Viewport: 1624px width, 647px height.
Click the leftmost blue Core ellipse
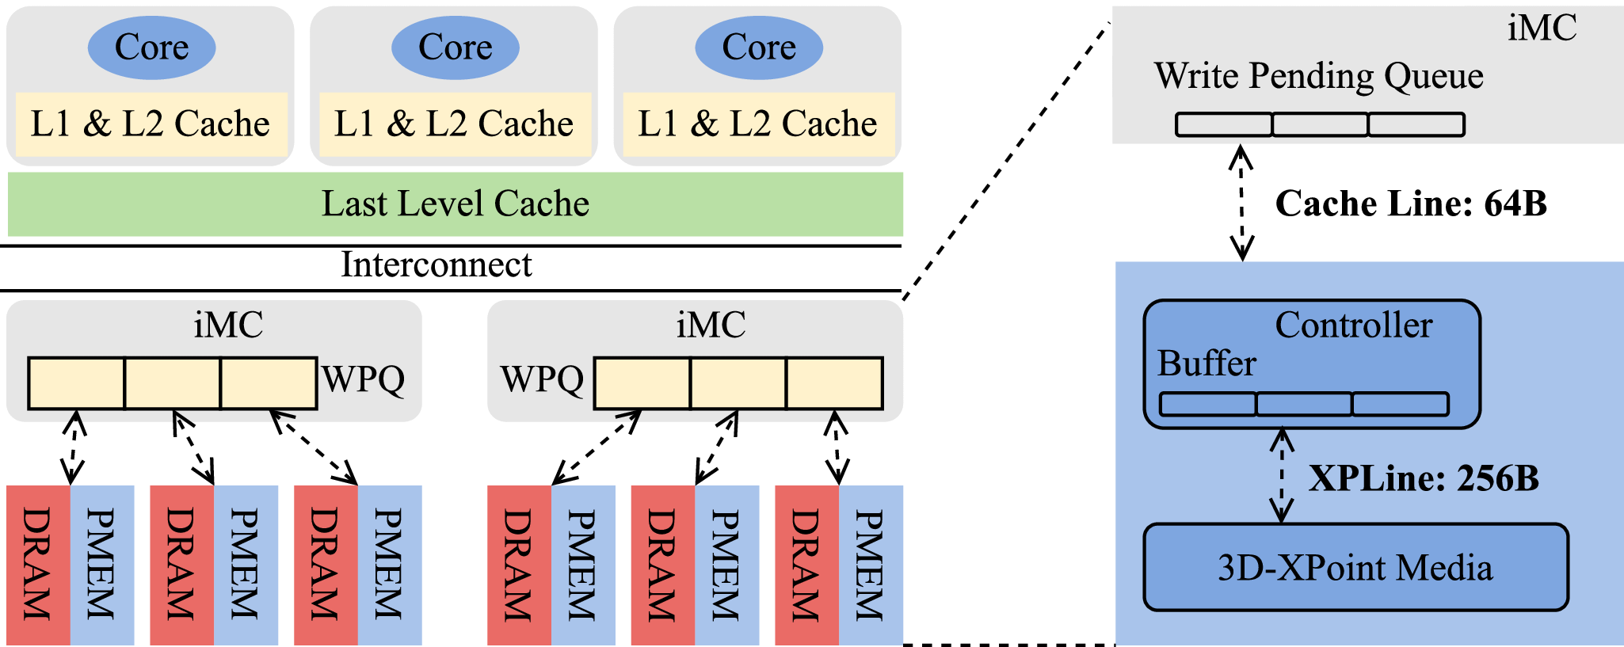(151, 48)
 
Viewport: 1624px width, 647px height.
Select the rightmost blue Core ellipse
(759, 48)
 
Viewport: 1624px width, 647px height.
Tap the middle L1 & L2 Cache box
(454, 124)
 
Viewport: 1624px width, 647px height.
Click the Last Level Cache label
(455, 204)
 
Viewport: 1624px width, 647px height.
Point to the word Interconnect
(436, 265)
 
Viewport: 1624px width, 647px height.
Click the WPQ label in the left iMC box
(363, 379)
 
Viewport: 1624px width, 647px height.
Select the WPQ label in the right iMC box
(542, 379)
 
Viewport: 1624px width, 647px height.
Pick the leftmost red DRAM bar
(38, 564)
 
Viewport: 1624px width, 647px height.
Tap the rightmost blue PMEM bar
(870, 564)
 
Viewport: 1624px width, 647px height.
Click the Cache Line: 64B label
(1410, 204)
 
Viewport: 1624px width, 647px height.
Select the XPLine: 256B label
(1423, 478)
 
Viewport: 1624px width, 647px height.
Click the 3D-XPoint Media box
(1355, 567)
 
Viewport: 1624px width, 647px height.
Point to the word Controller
(1353, 325)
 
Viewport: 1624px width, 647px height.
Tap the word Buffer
(1207, 363)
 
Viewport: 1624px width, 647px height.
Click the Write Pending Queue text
(1318, 76)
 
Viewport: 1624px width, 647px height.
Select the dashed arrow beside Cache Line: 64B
(1241, 203)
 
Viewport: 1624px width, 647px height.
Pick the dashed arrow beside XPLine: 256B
(1282, 475)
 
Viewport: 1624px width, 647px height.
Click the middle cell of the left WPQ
(173, 383)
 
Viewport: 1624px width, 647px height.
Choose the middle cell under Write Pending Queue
(1320, 124)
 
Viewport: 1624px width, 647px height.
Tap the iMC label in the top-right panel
(1542, 29)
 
